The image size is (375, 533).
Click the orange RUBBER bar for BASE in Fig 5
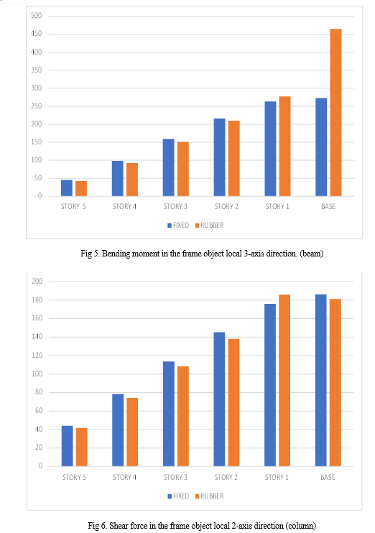335,113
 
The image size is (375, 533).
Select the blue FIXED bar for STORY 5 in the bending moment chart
67,188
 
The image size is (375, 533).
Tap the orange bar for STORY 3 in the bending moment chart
183,169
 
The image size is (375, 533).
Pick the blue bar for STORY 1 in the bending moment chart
270,149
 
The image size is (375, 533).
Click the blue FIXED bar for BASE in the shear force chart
320,381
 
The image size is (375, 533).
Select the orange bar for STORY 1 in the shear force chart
284,381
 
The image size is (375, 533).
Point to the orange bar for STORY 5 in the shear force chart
82,447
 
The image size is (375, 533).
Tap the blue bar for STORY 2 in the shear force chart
219,399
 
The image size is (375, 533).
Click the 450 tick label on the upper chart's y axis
37,34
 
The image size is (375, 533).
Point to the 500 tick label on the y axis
37,15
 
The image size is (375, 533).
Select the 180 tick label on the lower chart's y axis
37,300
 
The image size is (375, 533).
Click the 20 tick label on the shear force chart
39,448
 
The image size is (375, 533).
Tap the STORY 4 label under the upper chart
124,206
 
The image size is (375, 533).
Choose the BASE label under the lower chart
328,477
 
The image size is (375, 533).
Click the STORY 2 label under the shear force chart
226,477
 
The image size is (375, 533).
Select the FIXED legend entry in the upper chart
178,226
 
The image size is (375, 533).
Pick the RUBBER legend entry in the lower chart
210,496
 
